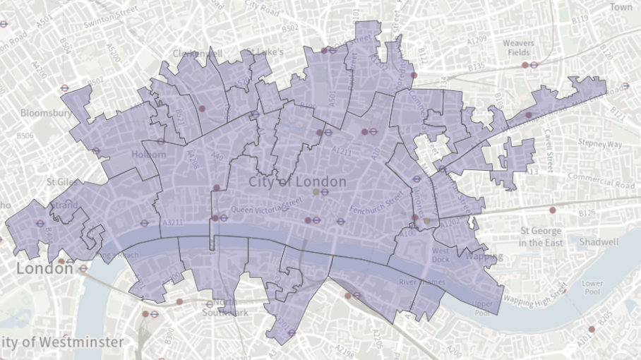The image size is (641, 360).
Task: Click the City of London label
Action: pos(297,182)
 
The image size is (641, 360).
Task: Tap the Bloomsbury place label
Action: pos(46,113)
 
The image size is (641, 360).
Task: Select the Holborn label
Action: pos(148,154)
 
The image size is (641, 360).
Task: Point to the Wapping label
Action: pos(484,256)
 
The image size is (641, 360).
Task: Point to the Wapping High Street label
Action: pos(534,294)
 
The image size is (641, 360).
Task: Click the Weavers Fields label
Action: pos(518,48)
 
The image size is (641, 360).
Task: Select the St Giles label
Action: pos(61,181)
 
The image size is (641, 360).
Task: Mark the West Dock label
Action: pos(441,255)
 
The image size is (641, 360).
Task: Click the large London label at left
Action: pos(35,269)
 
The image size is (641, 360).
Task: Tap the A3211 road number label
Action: pos(173,222)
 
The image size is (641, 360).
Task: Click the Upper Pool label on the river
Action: pos(482,308)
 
